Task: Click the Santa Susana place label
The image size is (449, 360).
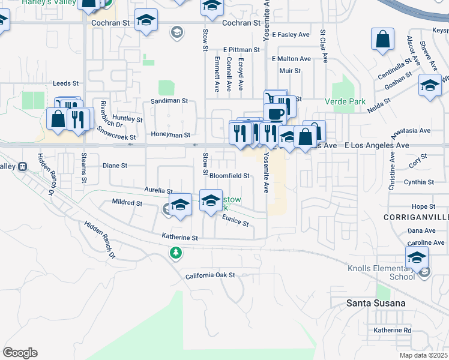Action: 375,303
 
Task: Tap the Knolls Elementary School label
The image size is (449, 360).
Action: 381,272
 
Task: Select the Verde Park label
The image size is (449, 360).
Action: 345,101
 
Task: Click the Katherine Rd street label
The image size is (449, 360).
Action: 392,330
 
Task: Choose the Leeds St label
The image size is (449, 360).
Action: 66,83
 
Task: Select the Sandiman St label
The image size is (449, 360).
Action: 169,101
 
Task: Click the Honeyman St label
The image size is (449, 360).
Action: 170,135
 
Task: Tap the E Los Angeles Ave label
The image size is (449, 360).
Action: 376,145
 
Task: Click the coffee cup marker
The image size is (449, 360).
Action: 275,113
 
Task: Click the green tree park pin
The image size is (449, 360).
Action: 176,253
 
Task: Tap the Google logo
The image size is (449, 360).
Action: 20,353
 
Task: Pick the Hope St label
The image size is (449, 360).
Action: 423,206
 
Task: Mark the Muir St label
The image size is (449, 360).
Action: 290,70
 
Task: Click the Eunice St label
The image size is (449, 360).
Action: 236,221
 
